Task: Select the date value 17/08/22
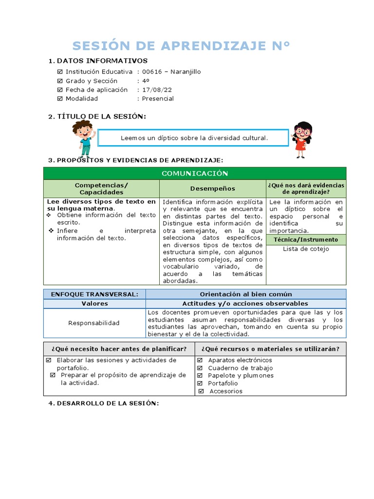[157, 90]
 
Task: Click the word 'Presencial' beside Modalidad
[158, 98]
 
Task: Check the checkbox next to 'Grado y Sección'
[60, 81]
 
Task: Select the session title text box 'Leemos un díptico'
[194, 138]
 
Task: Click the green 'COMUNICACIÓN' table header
[194, 173]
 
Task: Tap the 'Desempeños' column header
[212, 189]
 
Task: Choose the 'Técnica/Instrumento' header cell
[306, 240]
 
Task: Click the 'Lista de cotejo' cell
[306, 249]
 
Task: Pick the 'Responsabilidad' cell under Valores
[94, 323]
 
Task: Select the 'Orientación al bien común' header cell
[246, 294]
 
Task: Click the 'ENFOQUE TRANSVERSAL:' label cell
[94, 294]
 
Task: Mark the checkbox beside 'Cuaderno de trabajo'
[200, 368]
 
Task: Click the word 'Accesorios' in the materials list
[225, 391]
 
